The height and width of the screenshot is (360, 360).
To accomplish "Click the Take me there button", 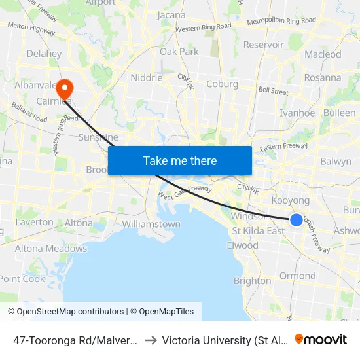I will [x=180, y=160].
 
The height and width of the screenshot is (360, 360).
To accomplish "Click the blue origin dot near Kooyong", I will [x=297, y=221].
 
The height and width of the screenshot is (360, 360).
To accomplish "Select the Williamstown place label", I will [x=151, y=224].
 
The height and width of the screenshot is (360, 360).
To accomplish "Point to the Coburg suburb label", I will [x=222, y=84].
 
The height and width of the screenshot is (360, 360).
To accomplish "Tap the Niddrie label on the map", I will [x=146, y=77].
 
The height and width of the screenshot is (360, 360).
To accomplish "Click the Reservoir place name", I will [x=263, y=45].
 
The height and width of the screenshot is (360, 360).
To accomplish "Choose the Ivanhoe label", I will [x=297, y=113].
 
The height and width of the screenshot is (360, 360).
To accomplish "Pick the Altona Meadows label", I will [x=51, y=249].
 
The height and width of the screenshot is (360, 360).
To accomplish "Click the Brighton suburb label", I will [x=253, y=281].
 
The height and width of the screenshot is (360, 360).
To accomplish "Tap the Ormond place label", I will [x=298, y=276].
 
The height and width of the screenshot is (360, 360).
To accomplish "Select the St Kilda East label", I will [x=258, y=230].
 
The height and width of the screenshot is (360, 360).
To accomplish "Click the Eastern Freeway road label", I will [x=283, y=147].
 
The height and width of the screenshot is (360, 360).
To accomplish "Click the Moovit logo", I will [x=321, y=339].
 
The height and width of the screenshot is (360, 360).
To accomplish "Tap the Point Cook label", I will [x=23, y=279].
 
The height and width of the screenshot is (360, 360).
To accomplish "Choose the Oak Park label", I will [x=179, y=51].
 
